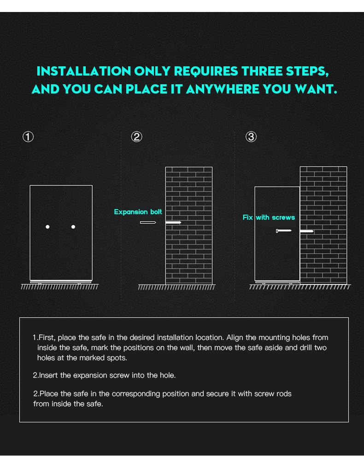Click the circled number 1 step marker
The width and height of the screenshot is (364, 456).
(28, 137)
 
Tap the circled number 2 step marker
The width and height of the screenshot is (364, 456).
(136, 137)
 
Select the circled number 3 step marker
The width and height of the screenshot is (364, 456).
(251, 137)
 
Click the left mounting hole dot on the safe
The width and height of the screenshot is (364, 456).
(47, 227)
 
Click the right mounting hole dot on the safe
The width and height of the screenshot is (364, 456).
(73, 227)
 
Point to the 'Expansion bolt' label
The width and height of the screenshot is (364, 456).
(138, 212)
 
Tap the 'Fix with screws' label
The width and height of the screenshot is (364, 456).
(269, 217)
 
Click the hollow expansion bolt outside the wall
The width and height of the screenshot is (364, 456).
(148, 222)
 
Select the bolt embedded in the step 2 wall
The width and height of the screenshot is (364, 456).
(173, 222)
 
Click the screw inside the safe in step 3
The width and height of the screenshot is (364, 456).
(284, 231)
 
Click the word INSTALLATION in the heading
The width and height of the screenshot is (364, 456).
(84, 71)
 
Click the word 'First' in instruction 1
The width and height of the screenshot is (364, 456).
(47, 337)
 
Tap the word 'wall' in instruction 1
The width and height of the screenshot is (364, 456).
(188, 347)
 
